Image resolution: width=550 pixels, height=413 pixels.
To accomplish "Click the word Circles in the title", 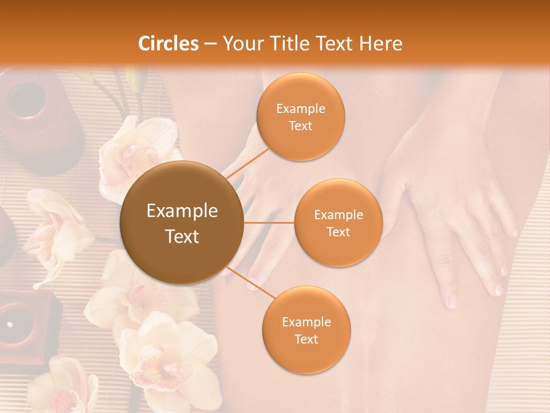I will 168,44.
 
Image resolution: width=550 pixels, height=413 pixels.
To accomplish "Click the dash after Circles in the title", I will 210,44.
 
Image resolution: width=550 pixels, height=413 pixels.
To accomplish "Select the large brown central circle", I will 182,223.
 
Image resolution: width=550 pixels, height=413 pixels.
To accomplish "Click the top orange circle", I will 300,116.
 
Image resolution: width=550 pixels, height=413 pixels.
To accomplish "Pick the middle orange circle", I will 338,223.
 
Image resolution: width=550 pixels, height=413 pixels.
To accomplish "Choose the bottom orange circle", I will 306,330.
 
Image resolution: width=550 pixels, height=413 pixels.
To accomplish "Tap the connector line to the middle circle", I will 269,223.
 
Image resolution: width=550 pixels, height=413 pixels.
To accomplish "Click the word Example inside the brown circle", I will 182,211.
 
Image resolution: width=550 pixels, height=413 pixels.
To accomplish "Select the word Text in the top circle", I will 300,126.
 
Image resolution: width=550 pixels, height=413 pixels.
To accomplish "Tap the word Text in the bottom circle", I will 306,339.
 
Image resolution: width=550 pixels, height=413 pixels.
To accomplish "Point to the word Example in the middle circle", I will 338,215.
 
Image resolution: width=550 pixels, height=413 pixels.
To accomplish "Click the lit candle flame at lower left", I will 10,325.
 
